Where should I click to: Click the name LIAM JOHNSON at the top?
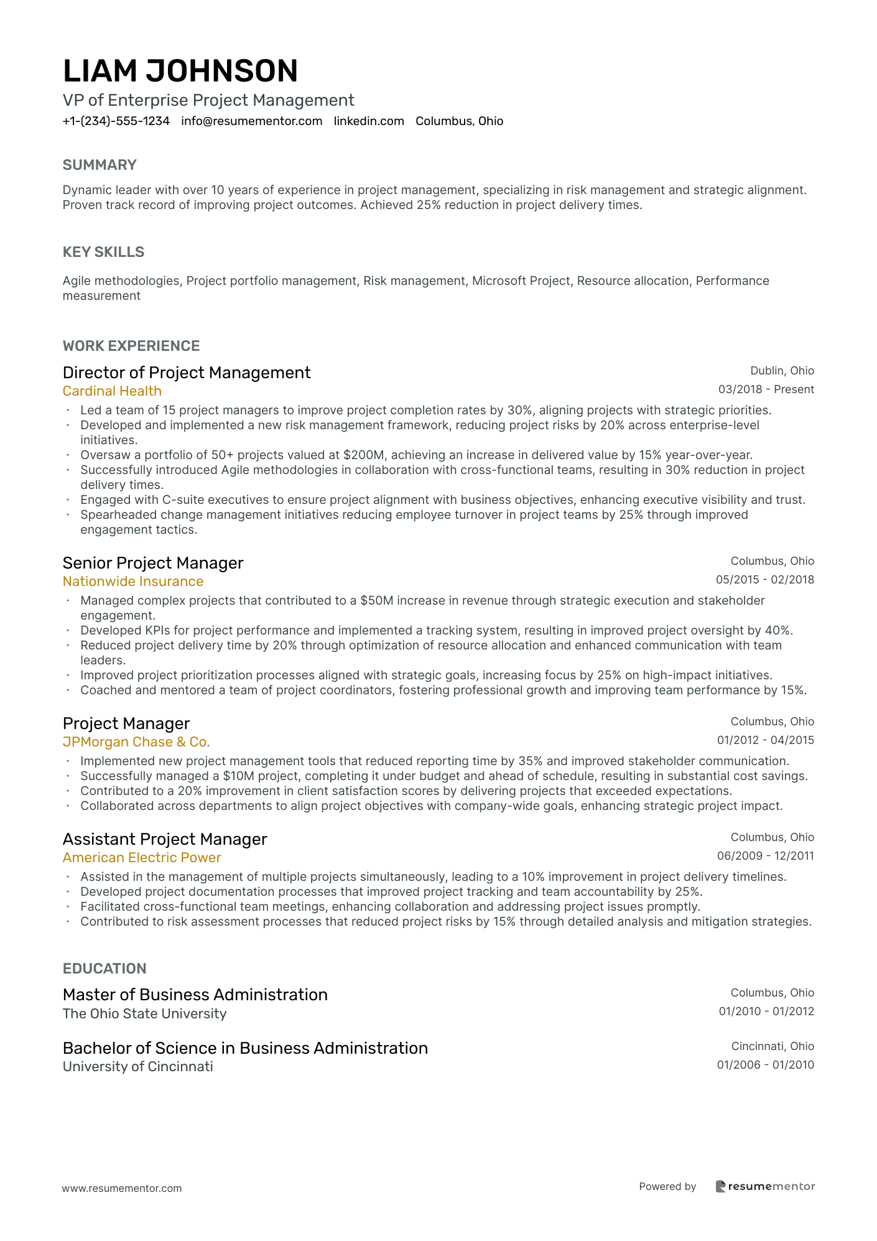point(180,71)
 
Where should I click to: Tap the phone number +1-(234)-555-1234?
point(116,121)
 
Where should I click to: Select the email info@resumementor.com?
point(252,121)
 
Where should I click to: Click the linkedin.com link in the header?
point(369,121)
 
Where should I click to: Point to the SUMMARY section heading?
point(100,165)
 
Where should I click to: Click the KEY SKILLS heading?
point(103,252)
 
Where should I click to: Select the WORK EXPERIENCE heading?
point(131,346)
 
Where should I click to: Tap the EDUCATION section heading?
point(104,969)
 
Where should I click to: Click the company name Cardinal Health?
point(112,391)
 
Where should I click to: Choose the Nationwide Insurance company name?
point(133,582)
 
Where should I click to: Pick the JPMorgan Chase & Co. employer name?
point(136,742)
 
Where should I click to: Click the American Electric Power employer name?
point(142,858)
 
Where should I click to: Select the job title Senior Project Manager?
point(153,563)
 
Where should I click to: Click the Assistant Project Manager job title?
point(165,839)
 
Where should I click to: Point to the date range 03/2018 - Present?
point(766,389)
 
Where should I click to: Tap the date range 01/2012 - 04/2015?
point(765,740)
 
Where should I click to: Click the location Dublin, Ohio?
point(782,371)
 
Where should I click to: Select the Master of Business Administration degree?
point(195,995)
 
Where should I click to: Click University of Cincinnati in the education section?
point(138,1067)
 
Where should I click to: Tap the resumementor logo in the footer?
point(765,1186)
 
